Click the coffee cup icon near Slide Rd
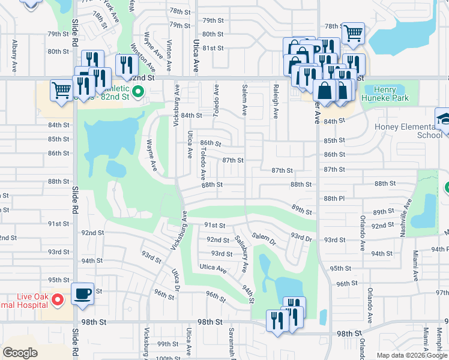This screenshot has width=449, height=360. tap(83, 294)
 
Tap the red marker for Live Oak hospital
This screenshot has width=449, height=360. tap(58, 299)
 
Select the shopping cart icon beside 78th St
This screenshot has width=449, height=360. tap(354, 32)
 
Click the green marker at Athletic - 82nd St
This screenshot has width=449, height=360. tap(138, 92)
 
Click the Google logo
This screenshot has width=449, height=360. tap(20, 353)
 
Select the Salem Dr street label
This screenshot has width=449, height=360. tap(264, 239)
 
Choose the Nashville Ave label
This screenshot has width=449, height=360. tap(407, 212)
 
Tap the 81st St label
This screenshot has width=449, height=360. tap(212, 48)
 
